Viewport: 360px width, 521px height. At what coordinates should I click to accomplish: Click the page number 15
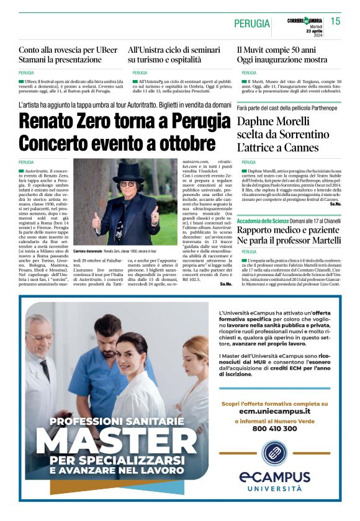(x=335, y=22)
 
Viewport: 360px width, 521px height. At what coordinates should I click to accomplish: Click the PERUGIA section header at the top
(x=252, y=24)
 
